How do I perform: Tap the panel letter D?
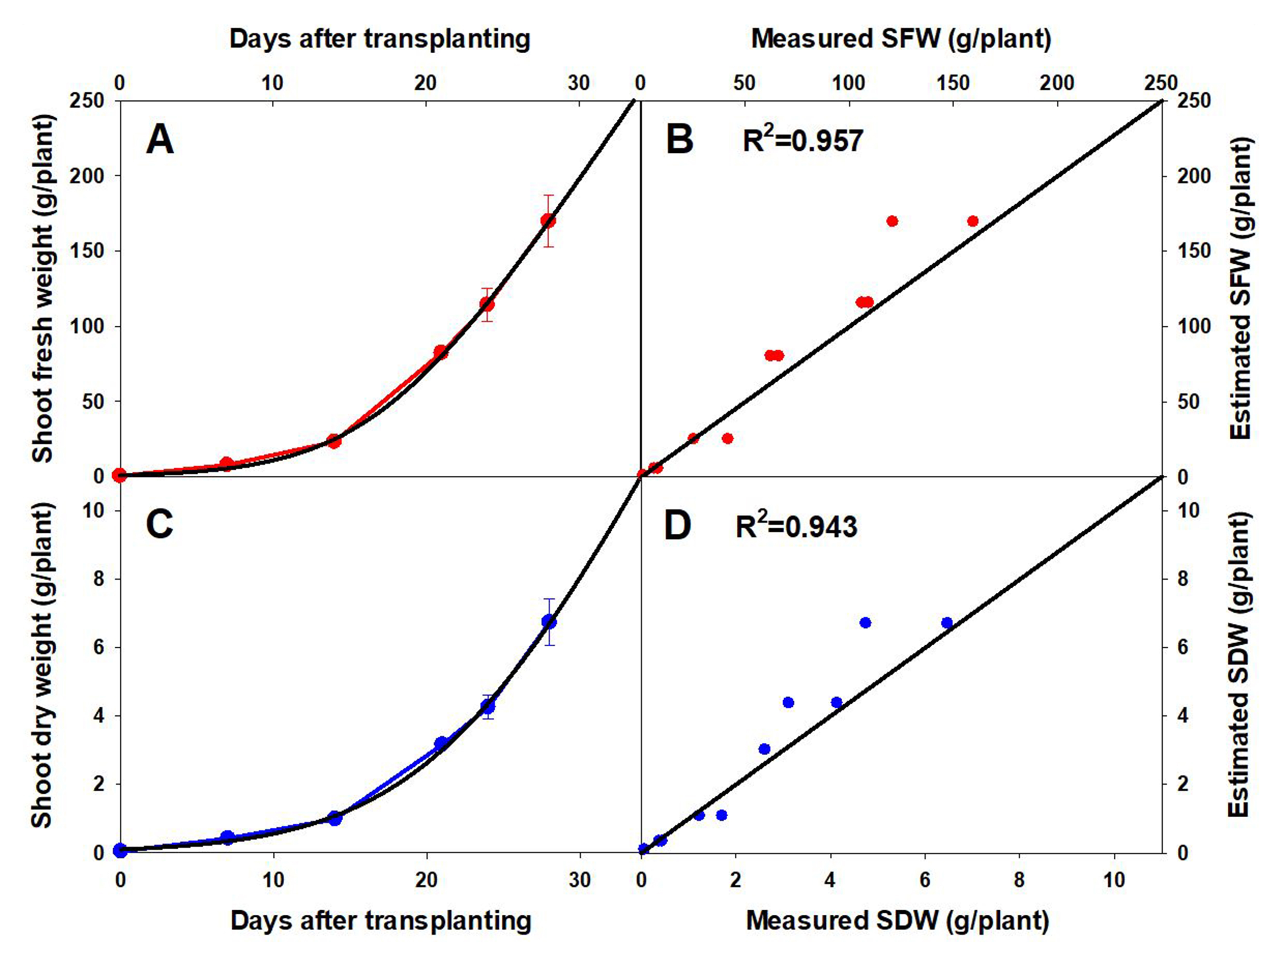coord(677,526)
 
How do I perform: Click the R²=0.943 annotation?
coord(796,526)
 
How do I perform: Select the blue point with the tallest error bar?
coord(549,621)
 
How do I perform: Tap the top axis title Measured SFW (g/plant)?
coord(901,39)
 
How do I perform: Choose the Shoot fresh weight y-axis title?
coord(43,289)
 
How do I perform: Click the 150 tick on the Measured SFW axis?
coord(953,83)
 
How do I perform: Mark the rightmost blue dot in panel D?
coord(947,623)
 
